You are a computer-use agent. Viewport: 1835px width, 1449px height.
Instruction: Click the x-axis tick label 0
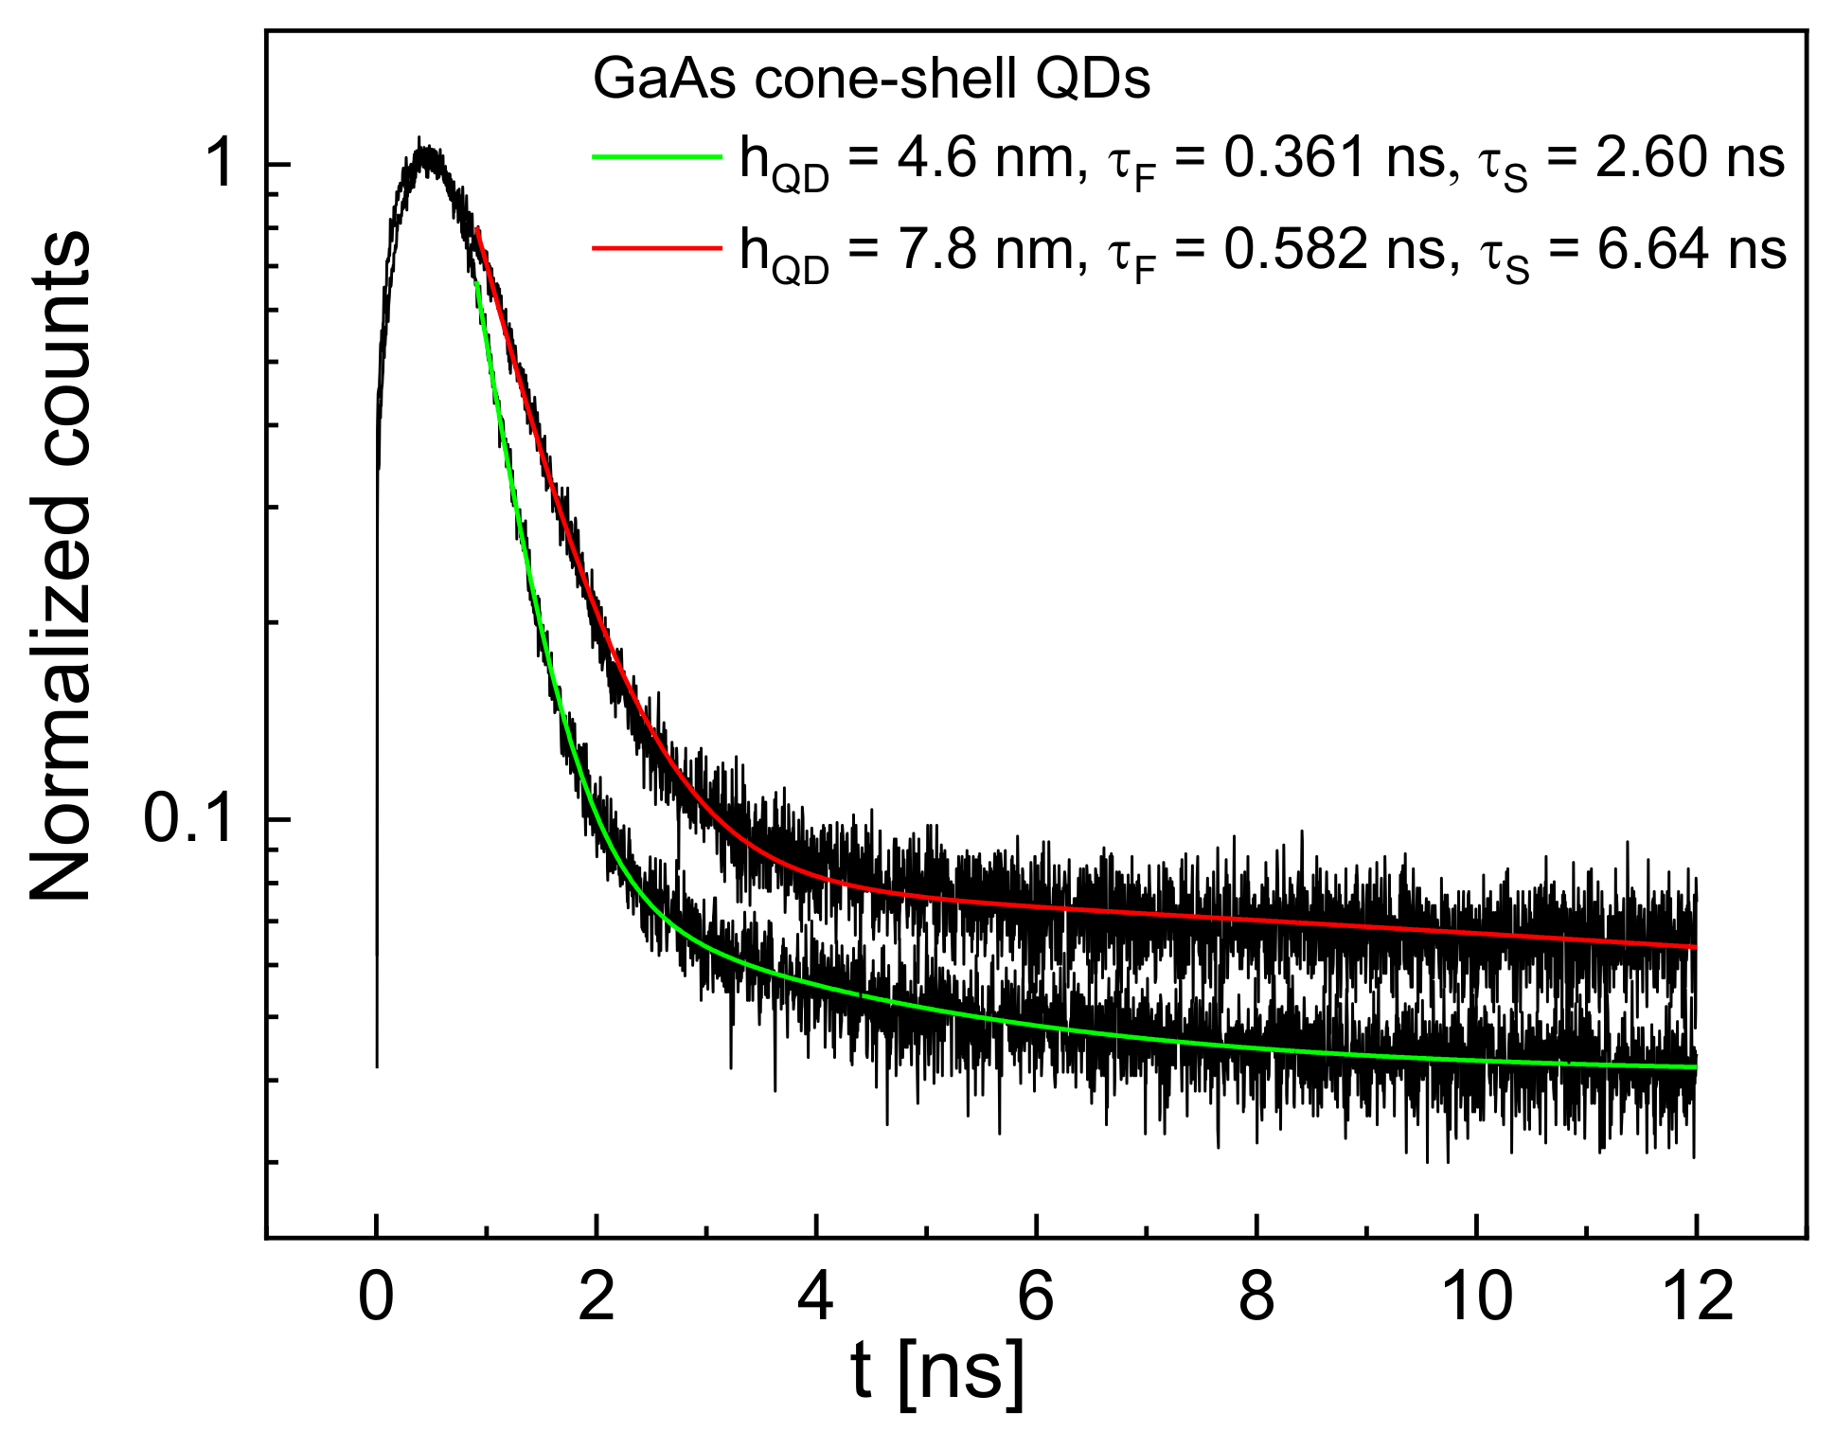pos(376,1297)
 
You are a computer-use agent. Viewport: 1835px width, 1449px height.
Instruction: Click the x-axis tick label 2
pos(597,1297)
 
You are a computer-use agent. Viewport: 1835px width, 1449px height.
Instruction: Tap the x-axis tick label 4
pos(816,1297)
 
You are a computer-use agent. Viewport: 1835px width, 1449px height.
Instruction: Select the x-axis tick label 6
pos(1036,1297)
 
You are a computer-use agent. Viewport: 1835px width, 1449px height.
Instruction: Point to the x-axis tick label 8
pos(1256,1297)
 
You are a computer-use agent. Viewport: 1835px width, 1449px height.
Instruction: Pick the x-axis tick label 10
pos(1476,1297)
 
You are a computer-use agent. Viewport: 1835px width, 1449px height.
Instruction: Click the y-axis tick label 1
pos(222,164)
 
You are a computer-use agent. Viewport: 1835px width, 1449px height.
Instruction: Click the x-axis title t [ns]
pos(936,1373)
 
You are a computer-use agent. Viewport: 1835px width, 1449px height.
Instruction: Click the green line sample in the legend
pos(657,157)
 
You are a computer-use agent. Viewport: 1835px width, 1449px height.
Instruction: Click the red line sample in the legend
pos(657,248)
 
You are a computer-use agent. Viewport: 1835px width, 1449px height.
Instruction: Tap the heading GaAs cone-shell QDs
pos(871,80)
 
